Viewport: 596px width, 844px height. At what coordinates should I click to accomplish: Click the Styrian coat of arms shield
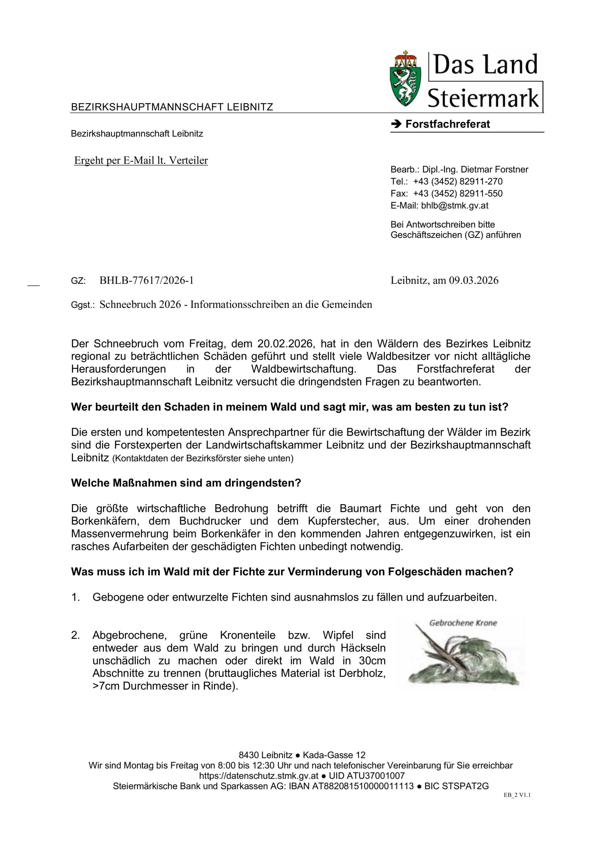pos(406,80)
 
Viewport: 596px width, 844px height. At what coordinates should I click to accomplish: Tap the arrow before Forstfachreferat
pos(396,124)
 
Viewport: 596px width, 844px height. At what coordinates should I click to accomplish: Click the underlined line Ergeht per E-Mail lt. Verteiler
pos(141,161)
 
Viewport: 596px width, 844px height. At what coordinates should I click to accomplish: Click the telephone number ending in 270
pos(458,182)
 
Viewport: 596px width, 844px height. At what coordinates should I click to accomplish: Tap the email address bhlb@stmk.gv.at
pos(455,205)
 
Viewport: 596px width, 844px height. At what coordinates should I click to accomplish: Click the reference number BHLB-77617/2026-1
pos(147,281)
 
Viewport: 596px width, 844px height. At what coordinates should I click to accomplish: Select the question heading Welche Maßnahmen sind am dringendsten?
pos(186,483)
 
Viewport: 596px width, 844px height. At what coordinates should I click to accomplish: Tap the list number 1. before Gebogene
pos(75,597)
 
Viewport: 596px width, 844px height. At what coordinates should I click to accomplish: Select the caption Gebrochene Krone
pos(463,623)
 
